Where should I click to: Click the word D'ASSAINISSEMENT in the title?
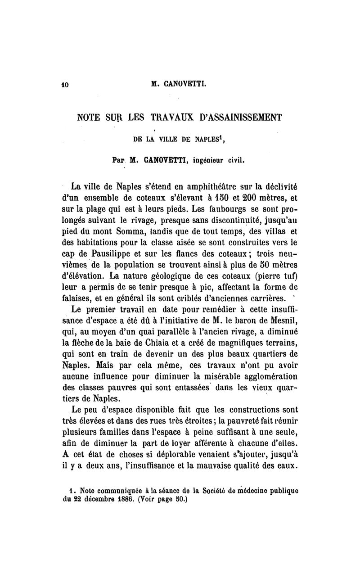coord(238,118)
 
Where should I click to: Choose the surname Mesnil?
coord(282,321)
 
